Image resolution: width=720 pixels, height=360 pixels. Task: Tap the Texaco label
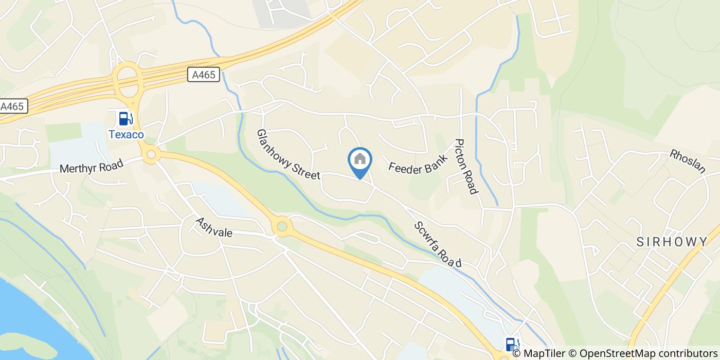[126, 134]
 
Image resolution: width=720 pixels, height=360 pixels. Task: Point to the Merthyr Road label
[92, 168]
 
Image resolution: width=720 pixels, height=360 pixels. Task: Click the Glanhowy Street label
[288, 154]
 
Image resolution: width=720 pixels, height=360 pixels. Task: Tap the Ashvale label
[214, 227]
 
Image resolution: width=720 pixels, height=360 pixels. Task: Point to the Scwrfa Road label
[438, 244]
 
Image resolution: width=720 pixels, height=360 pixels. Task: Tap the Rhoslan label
[687, 161]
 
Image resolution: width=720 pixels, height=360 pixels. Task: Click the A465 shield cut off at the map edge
[12, 106]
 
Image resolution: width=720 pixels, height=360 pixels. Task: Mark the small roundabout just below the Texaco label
[151, 154]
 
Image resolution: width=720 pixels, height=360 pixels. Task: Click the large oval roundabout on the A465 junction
[129, 80]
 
